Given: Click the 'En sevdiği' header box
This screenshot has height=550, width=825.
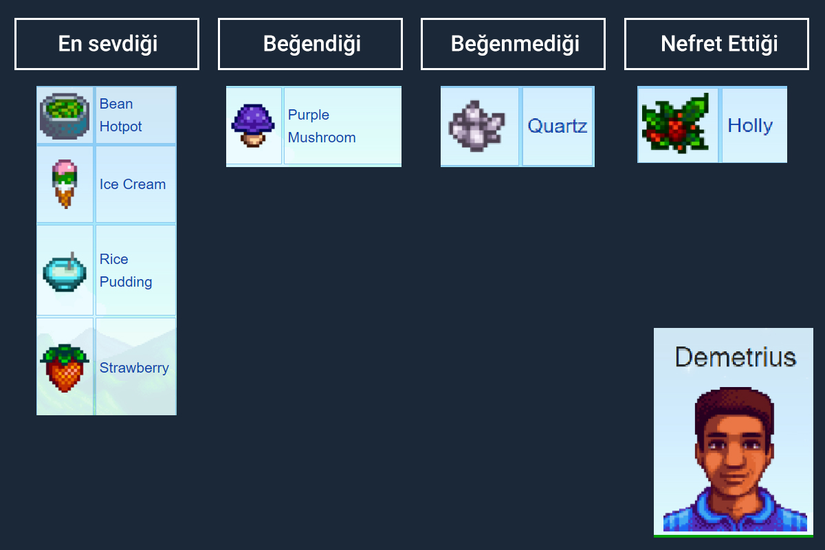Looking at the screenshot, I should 107,44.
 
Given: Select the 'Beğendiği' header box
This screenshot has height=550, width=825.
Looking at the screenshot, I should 310,44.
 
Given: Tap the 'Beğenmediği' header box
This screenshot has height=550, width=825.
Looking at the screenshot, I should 513,44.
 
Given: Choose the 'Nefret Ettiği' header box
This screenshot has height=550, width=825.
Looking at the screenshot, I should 716,44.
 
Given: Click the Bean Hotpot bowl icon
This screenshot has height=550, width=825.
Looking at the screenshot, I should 65,115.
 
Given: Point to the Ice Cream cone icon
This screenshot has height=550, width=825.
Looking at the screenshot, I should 65,184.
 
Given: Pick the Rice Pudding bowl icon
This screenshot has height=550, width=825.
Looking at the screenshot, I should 65,271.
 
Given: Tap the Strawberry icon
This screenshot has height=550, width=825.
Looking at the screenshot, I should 65,368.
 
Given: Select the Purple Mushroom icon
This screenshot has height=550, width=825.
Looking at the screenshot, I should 253,125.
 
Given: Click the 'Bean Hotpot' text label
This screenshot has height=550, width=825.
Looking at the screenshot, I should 120,115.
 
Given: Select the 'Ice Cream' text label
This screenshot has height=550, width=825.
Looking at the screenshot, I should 132,184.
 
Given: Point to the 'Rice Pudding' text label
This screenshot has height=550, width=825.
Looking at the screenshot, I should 125,270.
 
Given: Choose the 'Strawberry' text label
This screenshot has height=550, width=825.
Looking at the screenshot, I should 134,368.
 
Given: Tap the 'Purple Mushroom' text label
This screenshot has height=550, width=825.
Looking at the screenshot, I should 321,126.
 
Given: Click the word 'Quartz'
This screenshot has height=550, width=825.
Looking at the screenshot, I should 557,126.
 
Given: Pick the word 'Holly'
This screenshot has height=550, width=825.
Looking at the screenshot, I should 750,126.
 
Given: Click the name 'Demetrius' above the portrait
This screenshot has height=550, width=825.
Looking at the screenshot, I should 735,357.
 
